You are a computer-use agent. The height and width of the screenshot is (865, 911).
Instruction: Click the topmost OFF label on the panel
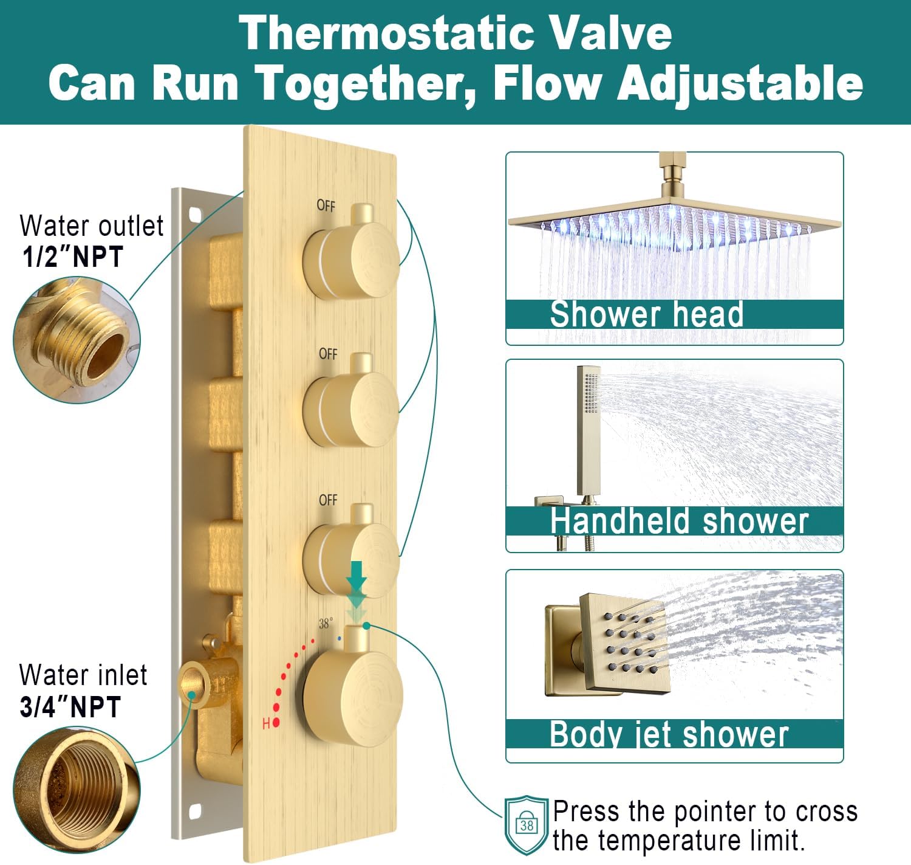326,205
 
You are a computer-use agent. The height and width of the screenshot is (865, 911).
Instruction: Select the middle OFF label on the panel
328,354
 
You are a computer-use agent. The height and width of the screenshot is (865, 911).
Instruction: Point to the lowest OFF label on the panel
328,500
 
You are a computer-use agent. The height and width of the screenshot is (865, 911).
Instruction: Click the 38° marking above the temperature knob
326,624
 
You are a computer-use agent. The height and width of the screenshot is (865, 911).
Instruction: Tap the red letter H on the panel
266,723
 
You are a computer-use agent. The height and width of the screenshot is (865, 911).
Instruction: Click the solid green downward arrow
357,575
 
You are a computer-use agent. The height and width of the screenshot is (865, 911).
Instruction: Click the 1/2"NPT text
73,257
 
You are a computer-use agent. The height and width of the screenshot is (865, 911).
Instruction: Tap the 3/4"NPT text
70,706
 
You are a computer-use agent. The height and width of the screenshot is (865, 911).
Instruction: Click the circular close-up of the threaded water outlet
77,340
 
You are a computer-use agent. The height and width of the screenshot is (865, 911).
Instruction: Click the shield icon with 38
527,825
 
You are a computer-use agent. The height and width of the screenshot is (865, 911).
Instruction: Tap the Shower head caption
647,314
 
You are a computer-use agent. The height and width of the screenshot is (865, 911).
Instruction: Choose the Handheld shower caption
680,521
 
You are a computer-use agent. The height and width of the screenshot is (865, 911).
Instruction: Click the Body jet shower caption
669,734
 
